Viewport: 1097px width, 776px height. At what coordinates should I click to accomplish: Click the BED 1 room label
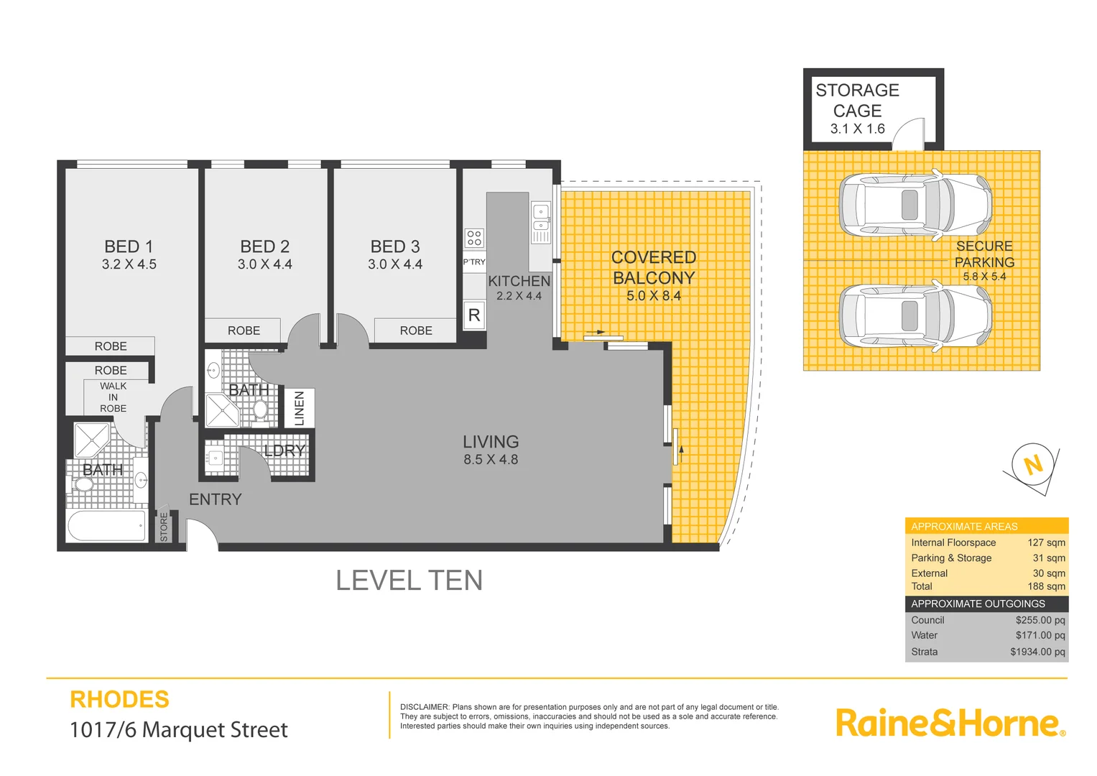[129, 246]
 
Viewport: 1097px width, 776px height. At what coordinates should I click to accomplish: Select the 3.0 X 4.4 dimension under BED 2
[264, 264]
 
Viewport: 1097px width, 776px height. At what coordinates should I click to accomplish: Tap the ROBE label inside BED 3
[416, 331]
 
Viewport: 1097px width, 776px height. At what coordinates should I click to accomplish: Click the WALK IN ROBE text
[113, 397]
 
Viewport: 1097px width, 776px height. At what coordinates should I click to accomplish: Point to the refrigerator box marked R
[474, 315]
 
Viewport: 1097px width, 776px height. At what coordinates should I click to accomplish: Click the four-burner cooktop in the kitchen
[474, 238]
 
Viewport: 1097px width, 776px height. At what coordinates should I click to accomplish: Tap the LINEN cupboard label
[300, 408]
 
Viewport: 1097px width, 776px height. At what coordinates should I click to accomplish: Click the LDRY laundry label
[284, 451]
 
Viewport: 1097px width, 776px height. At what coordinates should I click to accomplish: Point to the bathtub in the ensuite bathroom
[107, 527]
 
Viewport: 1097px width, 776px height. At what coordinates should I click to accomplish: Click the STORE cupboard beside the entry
[164, 526]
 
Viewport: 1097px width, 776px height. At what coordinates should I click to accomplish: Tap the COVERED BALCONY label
[653, 267]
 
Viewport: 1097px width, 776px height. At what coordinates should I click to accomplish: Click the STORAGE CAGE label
[857, 101]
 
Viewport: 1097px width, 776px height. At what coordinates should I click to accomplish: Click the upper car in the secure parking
[915, 205]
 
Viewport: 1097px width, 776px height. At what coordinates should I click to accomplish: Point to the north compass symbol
[1033, 466]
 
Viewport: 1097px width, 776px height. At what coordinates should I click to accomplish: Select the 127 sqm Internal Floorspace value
[1046, 542]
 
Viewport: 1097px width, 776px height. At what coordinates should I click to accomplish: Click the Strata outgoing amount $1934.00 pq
[1037, 652]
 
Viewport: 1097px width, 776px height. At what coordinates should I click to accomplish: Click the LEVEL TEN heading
[409, 581]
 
